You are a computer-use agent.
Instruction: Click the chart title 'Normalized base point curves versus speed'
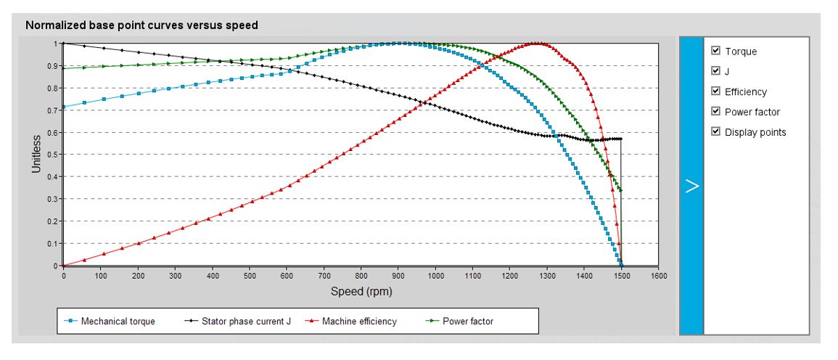141,25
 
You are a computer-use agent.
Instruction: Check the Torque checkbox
716,51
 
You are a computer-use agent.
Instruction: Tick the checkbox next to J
716,71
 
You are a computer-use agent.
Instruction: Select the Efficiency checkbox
716,91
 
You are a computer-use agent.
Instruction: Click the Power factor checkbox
716,112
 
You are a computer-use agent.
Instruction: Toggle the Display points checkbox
716,132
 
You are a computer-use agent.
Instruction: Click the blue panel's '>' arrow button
691,186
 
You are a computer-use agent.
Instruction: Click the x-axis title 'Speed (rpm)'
361,291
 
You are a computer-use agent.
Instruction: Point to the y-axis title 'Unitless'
36,155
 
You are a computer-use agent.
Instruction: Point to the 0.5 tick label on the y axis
53,155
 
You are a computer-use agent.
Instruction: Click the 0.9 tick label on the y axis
53,66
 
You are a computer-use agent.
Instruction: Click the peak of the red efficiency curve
538,44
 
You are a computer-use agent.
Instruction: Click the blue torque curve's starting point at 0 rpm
64,107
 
